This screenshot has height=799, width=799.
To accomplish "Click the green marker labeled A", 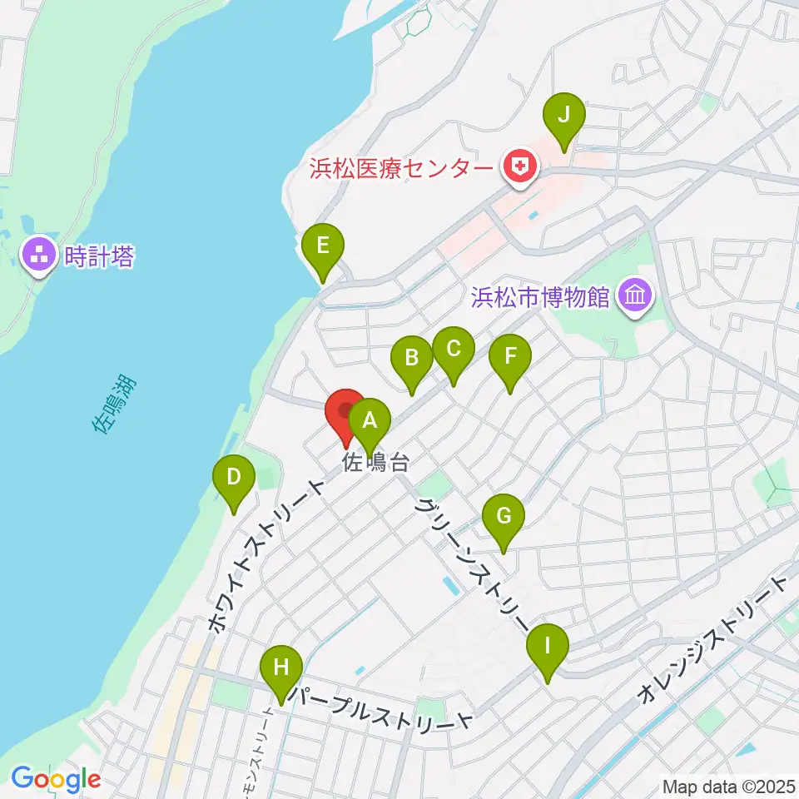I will [x=369, y=423].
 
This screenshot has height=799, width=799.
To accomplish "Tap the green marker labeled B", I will [x=412, y=359].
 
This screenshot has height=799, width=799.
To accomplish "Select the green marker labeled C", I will [x=453, y=350].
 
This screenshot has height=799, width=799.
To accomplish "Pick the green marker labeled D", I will [x=234, y=478].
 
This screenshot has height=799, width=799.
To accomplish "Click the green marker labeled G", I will [x=504, y=516].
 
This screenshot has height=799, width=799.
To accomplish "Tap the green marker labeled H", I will [x=281, y=667].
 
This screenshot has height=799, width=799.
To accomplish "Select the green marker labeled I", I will [x=548, y=646].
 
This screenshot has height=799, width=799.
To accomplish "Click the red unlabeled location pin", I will [x=345, y=411].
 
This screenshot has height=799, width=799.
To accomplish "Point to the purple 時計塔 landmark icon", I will [x=39, y=255].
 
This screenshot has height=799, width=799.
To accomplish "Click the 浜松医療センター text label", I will [x=401, y=168].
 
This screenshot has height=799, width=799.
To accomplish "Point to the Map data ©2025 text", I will [x=727, y=785].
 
